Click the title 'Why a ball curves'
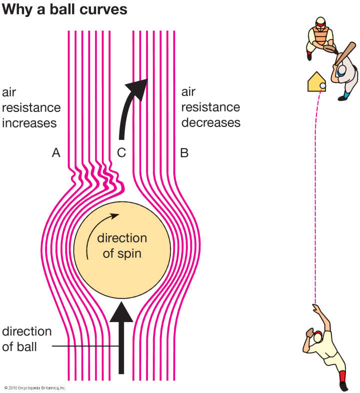[65, 9]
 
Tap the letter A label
[56, 153]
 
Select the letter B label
[184, 153]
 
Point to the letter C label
[121, 153]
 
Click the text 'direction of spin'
[122, 245]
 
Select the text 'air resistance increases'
[31, 107]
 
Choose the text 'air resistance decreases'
[210, 107]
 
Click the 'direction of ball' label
[27, 339]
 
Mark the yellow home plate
[315, 82]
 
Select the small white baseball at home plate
[322, 86]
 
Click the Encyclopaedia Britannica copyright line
[35, 387]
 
